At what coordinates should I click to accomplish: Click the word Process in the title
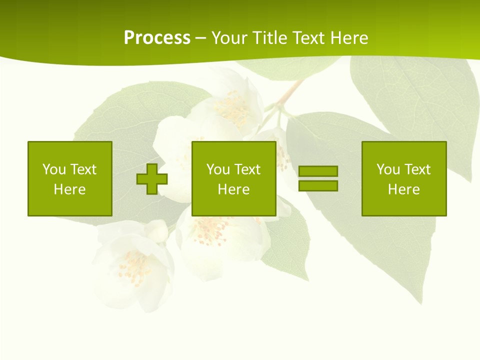pyautogui.click(x=157, y=38)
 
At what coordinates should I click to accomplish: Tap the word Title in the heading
pyautogui.click(x=270, y=38)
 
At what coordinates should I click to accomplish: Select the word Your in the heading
pyautogui.click(x=230, y=38)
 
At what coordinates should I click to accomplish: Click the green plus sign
pyautogui.click(x=152, y=179)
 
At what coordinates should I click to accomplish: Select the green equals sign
pyautogui.click(x=318, y=178)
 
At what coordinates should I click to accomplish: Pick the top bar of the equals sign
pyautogui.click(x=318, y=171)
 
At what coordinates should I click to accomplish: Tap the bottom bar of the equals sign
pyautogui.click(x=318, y=185)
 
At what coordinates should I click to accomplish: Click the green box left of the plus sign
pyautogui.click(x=70, y=178)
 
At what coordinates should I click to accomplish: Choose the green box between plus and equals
pyautogui.click(x=233, y=178)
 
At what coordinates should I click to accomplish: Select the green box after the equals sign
pyautogui.click(x=404, y=178)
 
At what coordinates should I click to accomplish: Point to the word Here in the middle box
pyautogui.click(x=233, y=189)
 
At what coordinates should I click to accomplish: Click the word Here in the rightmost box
pyautogui.click(x=404, y=189)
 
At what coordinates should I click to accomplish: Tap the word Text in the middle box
pyautogui.click(x=247, y=169)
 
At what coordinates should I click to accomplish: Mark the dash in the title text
pyautogui.click(x=200, y=38)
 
